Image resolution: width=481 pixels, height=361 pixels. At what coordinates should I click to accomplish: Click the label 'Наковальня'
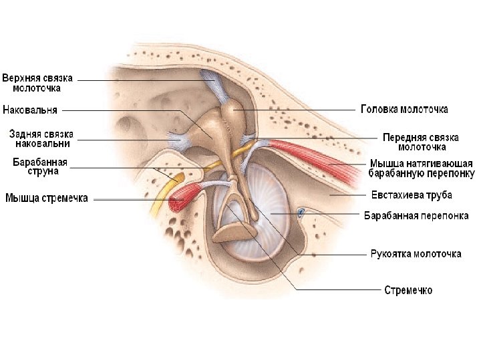[31, 109]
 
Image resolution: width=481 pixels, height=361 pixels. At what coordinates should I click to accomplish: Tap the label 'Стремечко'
[408, 290]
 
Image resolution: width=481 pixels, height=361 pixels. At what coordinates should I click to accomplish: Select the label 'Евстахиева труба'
[412, 195]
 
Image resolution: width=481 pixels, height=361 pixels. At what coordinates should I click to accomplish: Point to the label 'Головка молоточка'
[404, 109]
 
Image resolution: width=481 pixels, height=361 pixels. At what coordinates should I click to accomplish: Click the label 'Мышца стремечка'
[47, 198]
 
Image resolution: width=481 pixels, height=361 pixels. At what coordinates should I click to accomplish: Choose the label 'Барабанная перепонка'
[416, 215]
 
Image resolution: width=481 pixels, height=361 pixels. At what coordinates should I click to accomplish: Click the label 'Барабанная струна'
[40, 166]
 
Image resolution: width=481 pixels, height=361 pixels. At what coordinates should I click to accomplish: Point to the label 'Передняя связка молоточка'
[414, 141]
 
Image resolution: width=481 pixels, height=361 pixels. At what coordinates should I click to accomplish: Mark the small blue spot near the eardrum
[301, 213]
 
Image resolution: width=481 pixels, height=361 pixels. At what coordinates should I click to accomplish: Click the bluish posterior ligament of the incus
[179, 140]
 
